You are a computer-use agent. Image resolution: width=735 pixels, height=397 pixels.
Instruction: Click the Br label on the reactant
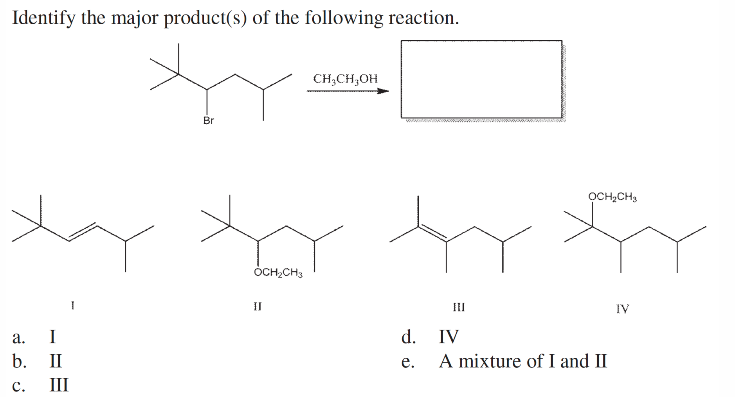pyautogui.click(x=209, y=121)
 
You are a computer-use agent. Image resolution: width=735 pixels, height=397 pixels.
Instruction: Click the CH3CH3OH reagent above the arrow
pyautogui.click(x=345, y=79)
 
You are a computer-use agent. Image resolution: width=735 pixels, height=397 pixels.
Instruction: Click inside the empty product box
pyautogui.click(x=481, y=79)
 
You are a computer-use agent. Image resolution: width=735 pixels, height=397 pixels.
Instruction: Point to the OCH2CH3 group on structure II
pyautogui.click(x=278, y=272)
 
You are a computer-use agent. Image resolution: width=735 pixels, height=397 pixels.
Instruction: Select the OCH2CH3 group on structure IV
pyautogui.click(x=612, y=197)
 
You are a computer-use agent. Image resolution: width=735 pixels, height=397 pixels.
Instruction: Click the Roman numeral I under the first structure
pyautogui.click(x=73, y=305)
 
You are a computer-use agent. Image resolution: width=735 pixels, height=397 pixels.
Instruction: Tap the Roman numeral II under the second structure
pyautogui.click(x=257, y=306)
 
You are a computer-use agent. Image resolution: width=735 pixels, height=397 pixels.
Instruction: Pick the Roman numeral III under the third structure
pyautogui.click(x=459, y=307)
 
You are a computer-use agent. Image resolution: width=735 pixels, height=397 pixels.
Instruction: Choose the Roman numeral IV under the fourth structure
pyautogui.click(x=622, y=309)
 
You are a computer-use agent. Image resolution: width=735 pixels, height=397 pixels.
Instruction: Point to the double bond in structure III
pyautogui.click(x=432, y=232)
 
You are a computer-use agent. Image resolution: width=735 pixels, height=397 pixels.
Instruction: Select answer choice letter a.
pyautogui.click(x=18, y=337)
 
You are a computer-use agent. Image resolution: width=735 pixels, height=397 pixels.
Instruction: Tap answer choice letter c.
pyautogui.click(x=18, y=385)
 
